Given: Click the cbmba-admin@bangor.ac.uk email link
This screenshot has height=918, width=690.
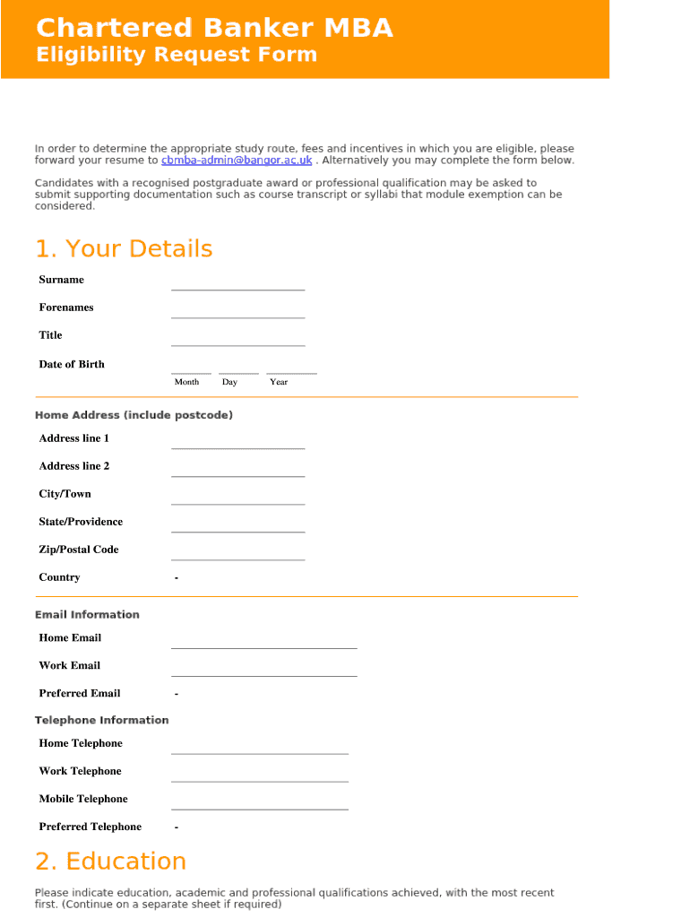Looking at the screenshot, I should (237, 160).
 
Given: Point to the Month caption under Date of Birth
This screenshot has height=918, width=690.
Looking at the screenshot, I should (186, 382).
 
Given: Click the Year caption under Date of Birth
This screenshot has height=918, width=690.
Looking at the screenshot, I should (279, 382).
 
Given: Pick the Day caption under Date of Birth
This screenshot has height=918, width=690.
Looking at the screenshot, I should (229, 382).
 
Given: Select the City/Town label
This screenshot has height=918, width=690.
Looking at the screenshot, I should (65, 494).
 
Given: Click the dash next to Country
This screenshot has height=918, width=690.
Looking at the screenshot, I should (177, 578).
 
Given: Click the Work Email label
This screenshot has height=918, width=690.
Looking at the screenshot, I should (69, 665).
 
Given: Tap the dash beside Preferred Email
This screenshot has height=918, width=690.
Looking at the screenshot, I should (177, 694).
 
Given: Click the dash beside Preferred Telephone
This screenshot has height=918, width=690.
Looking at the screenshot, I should (177, 827).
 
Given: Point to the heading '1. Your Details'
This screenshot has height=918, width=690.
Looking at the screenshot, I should (124, 248).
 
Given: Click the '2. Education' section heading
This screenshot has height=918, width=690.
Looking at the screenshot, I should (110, 861).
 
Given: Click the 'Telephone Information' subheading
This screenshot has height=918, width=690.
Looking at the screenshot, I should (101, 720).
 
